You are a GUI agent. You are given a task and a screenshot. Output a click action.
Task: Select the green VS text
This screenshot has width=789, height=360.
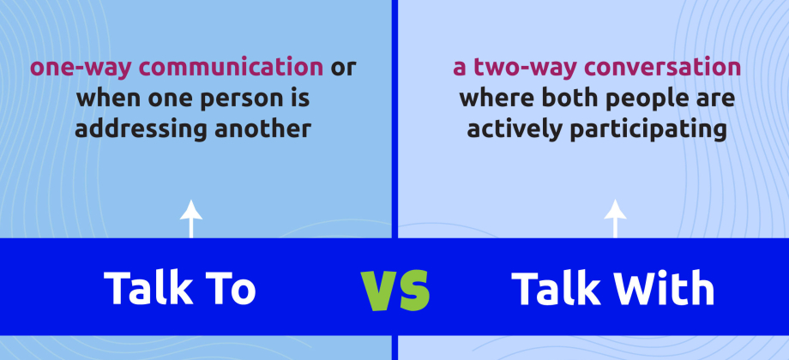click(x=394, y=290)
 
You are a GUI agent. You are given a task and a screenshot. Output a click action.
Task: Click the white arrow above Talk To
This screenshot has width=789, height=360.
click(x=190, y=219)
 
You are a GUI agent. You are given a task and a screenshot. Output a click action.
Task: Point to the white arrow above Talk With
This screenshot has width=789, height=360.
click(x=615, y=219)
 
